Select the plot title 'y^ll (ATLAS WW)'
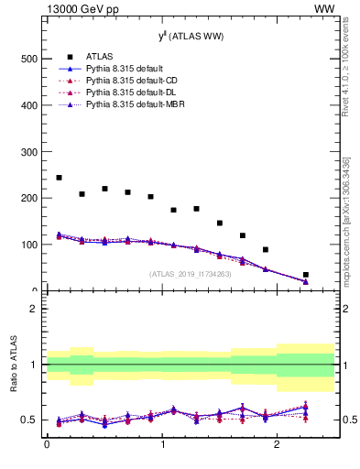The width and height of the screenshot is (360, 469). click(x=191, y=36)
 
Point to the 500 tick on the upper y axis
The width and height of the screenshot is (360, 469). click(x=30, y=59)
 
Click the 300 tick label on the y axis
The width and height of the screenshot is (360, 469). click(x=30, y=151)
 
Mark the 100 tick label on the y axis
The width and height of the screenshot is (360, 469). click(x=30, y=245)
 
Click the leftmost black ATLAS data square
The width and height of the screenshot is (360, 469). click(x=59, y=178)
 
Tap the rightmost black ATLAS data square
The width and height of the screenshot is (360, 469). click(x=306, y=275)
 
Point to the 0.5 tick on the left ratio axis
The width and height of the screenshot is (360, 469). click(x=31, y=420)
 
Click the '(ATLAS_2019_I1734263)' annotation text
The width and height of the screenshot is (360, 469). click(x=191, y=273)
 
